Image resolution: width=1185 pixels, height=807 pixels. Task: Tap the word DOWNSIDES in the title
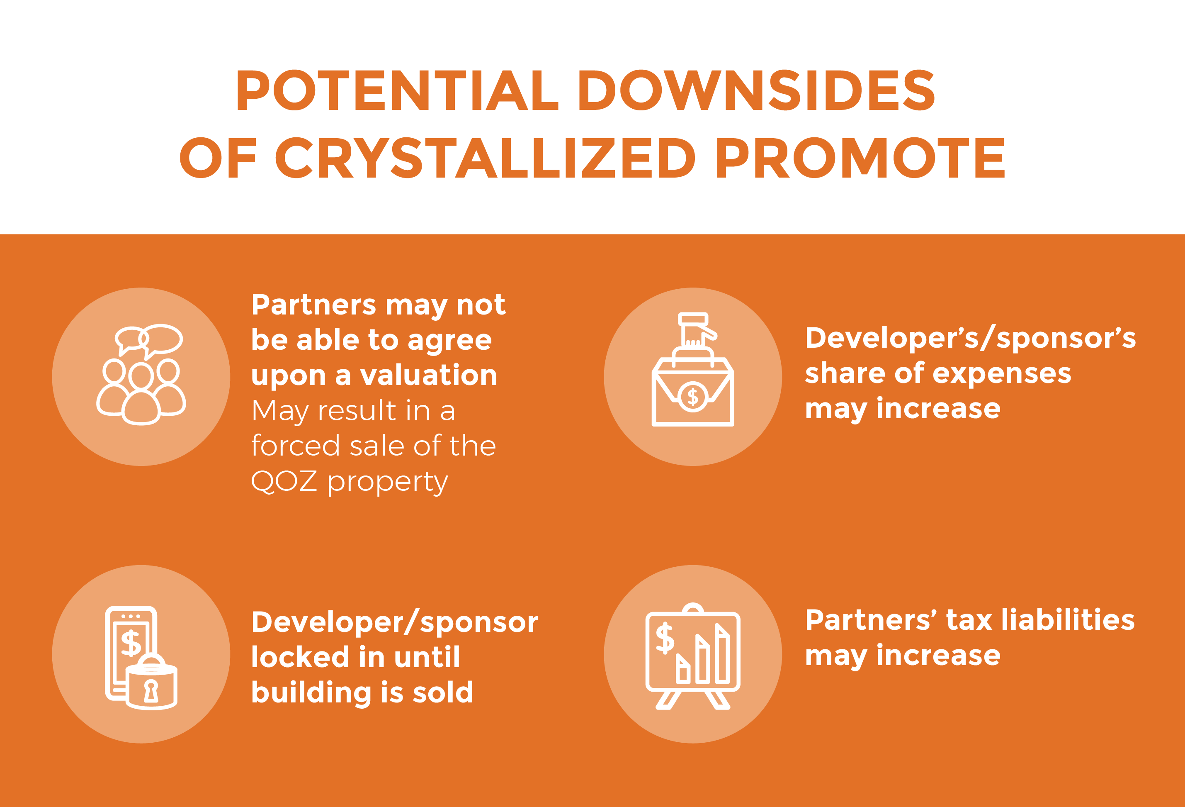click(x=757, y=90)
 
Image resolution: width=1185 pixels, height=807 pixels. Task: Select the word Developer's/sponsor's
click(x=970, y=338)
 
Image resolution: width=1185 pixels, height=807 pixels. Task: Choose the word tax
click(x=969, y=621)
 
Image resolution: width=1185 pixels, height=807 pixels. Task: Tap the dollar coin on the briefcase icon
click(x=693, y=396)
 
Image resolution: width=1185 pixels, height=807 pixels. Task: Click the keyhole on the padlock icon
click(x=151, y=691)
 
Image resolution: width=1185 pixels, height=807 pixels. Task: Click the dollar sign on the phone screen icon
click(x=131, y=643)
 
